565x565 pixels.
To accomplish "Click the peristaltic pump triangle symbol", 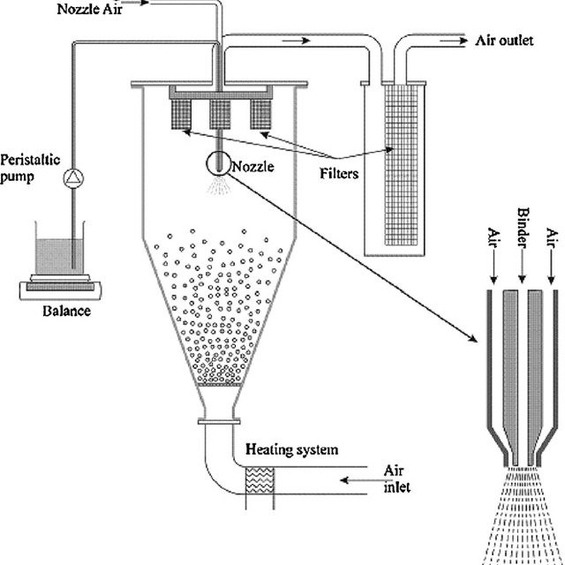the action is [x=74, y=177].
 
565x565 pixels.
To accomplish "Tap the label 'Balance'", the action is [x=67, y=311].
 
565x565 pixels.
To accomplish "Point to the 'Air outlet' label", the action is [x=504, y=41].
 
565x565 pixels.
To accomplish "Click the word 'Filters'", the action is [x=339, y=174].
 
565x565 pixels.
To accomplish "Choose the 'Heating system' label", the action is [x=292, y=449].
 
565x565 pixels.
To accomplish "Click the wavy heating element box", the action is [x=260, y=480].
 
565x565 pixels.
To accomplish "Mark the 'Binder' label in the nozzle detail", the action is [x=523, y=228].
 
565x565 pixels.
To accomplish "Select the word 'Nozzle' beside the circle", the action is [x=253, y=167].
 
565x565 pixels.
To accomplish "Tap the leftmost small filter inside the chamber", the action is [x=181, y=114].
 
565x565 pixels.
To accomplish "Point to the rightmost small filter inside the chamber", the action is [x=260, y=114].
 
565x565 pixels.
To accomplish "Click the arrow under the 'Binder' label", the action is [x=522, y=266].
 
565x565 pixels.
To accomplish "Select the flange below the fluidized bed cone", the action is [x=219, y=421].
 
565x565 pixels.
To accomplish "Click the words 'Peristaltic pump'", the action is [x=30, y=169].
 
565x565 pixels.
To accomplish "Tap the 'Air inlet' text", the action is [x=396, y=478].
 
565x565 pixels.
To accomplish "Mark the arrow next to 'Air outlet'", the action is [x=454, y=41].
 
